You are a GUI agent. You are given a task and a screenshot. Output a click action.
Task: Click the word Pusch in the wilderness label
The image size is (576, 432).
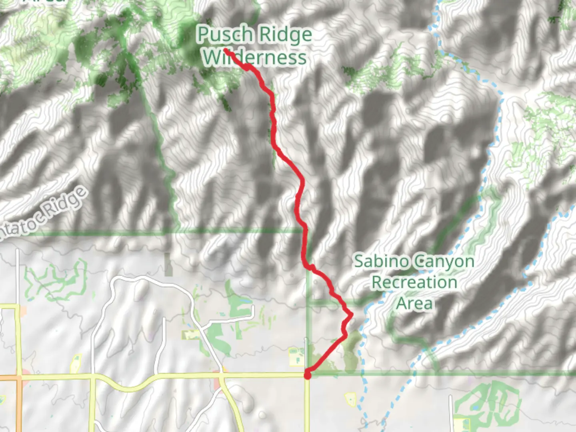(225, 34)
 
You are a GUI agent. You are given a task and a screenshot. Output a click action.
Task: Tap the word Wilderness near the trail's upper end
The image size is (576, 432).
(254, 58)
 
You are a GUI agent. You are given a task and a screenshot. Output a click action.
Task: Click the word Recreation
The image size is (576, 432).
(414, 282)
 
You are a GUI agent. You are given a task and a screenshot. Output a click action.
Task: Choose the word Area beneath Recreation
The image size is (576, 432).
(414, 303)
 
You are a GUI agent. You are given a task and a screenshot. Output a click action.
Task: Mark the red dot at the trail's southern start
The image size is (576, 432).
(307, 375)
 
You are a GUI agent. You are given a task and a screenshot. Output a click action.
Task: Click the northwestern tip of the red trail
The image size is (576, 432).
(226, 50)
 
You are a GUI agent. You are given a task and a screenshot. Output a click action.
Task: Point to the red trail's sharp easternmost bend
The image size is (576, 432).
(352, 315)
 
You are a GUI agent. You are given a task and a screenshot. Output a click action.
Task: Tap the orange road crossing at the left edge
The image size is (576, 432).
(18, 378)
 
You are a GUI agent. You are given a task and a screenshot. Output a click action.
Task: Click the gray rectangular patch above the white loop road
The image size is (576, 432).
(168, 265)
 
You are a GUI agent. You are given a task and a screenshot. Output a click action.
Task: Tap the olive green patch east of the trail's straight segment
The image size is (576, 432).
(351, 352)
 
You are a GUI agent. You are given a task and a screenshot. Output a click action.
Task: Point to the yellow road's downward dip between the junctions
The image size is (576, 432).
(132, 388)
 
